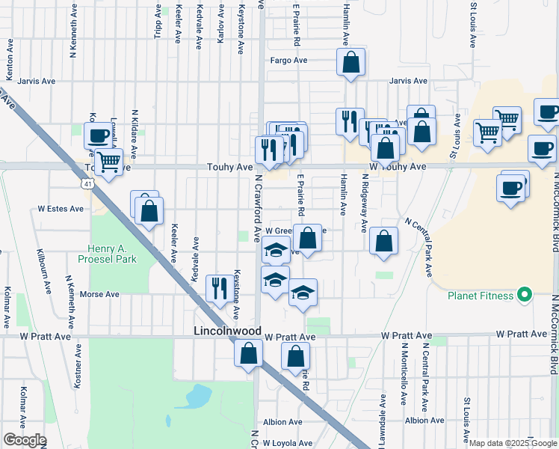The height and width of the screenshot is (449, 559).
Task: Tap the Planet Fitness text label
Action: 481,296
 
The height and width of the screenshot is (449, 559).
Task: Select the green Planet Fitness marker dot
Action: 525,296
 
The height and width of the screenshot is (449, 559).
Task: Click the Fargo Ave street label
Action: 289,60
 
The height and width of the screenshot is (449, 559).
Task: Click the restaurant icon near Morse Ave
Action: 219,288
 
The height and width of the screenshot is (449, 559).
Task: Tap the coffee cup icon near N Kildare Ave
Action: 98,135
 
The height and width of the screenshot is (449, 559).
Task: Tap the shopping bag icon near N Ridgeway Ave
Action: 383,241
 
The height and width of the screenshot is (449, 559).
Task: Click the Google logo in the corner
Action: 25,440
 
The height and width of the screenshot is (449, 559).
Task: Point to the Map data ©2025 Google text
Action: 513,443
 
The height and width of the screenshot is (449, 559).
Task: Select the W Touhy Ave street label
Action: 397,166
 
